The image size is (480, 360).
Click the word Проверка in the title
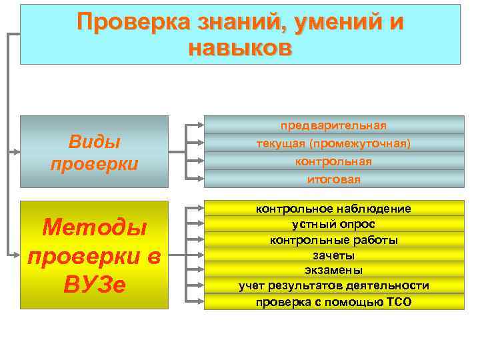(134, 22)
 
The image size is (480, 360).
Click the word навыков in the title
(240, 48)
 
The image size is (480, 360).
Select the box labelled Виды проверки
(94, 151)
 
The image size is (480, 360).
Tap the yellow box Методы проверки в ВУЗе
(94, 255)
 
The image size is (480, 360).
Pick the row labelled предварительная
(333, 125)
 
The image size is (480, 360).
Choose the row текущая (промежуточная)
(333, 143)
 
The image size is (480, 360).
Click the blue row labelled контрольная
(333, 161)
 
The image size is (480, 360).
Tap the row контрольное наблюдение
(333, 209)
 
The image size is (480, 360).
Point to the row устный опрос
(333, 224)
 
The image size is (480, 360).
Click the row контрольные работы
(333, 240)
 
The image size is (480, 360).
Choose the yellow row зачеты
(333, 255)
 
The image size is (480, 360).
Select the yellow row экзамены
(333, 271)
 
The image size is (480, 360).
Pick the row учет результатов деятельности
(333, 286)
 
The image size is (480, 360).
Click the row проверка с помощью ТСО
(333, 302)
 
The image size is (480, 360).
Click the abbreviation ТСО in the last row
(398, 302)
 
